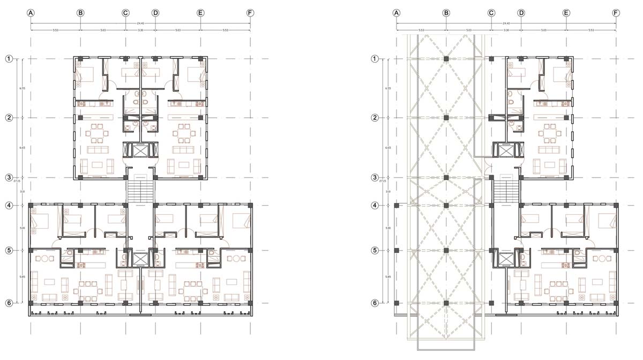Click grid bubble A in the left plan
click(31, 13)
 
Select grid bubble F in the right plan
click(616, 13)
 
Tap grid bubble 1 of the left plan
click(9, 58)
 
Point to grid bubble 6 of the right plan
click(375, 303)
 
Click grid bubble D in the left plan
click(155, 13)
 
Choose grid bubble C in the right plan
click(491, 13)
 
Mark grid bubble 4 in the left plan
click(9, 205)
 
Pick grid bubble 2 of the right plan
click(375, 117)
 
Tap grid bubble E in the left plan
click(200, 13)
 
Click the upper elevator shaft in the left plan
click(140, 150)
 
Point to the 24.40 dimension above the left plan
click(140, 23)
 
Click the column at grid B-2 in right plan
click(446, 117)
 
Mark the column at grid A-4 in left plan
click(31, 205)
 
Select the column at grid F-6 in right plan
click(616, 303)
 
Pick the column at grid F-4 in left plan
click(250, 205)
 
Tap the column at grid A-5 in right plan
click(397, 250)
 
